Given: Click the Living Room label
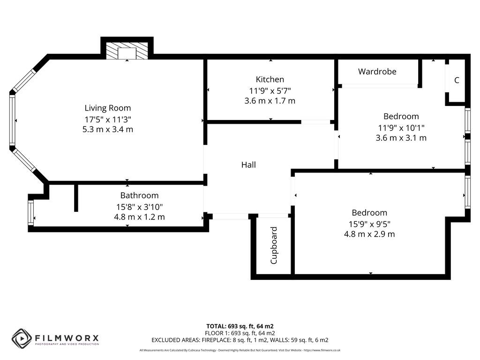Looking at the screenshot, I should [108, 108].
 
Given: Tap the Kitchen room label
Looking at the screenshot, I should [270, 79].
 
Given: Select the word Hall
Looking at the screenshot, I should [248, 165].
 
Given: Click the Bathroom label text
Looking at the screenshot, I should [139, 195].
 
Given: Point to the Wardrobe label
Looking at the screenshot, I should [377, 71].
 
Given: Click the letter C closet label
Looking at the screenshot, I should [457, 80].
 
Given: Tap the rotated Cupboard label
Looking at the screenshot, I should [274, 245].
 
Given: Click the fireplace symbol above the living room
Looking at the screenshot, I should [127, 52].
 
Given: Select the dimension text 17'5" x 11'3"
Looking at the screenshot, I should [108, 119].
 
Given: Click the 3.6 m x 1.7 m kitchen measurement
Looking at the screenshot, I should [270, 101].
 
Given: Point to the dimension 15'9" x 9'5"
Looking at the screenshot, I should [369, 224].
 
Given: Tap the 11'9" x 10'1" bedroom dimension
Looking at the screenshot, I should [401, 127].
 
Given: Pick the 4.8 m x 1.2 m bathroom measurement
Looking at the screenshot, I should [139, 217].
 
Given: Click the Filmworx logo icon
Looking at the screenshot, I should [22, 338].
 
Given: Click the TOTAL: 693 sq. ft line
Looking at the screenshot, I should [240, 326].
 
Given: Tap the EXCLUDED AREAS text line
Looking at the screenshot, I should [240, 340].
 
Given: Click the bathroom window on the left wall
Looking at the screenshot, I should [31, 213].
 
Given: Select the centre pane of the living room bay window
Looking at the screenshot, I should [12, 120].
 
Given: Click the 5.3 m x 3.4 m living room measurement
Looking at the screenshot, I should [108, 129].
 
